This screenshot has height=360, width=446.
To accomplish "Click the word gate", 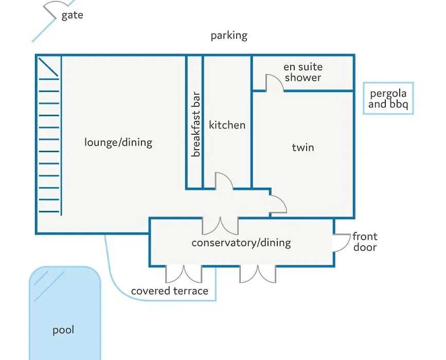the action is pyautogui.click(x=72, y=15).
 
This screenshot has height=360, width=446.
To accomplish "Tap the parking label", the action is pyautogui.click(x=229, y=36).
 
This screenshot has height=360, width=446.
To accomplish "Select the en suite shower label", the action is pyautogui.click(x=303, y=72).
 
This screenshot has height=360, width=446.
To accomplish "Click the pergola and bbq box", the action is pyautogui.click(x=388, y=98).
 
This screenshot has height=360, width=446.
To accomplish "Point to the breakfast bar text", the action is pyautogui.click(x=196, y=124).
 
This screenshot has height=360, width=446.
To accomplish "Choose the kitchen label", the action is pyautogui.click(x=227, y=125).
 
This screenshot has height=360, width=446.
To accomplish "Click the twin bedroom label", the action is pyautogui.click(x=303, y=147).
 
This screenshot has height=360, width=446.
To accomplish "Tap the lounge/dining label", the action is pyautogui.click(x=118, y=142).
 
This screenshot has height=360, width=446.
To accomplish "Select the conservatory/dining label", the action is pyautogui.click(x=241, y=243).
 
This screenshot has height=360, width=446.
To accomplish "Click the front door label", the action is pyautogui.click(x=365, y=242).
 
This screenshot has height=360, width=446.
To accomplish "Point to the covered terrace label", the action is pyautogui.click(x=170, y=291).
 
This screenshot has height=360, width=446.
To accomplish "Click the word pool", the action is pyautogui.click(x=63, y=330).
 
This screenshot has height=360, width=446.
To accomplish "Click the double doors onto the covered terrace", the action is pyautogui.click(x=184, y=274).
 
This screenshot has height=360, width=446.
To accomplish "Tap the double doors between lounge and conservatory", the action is pyautogui.click(x=220, y=226).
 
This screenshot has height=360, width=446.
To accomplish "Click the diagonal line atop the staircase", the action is pyautogui.click(x=48, y=67).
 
